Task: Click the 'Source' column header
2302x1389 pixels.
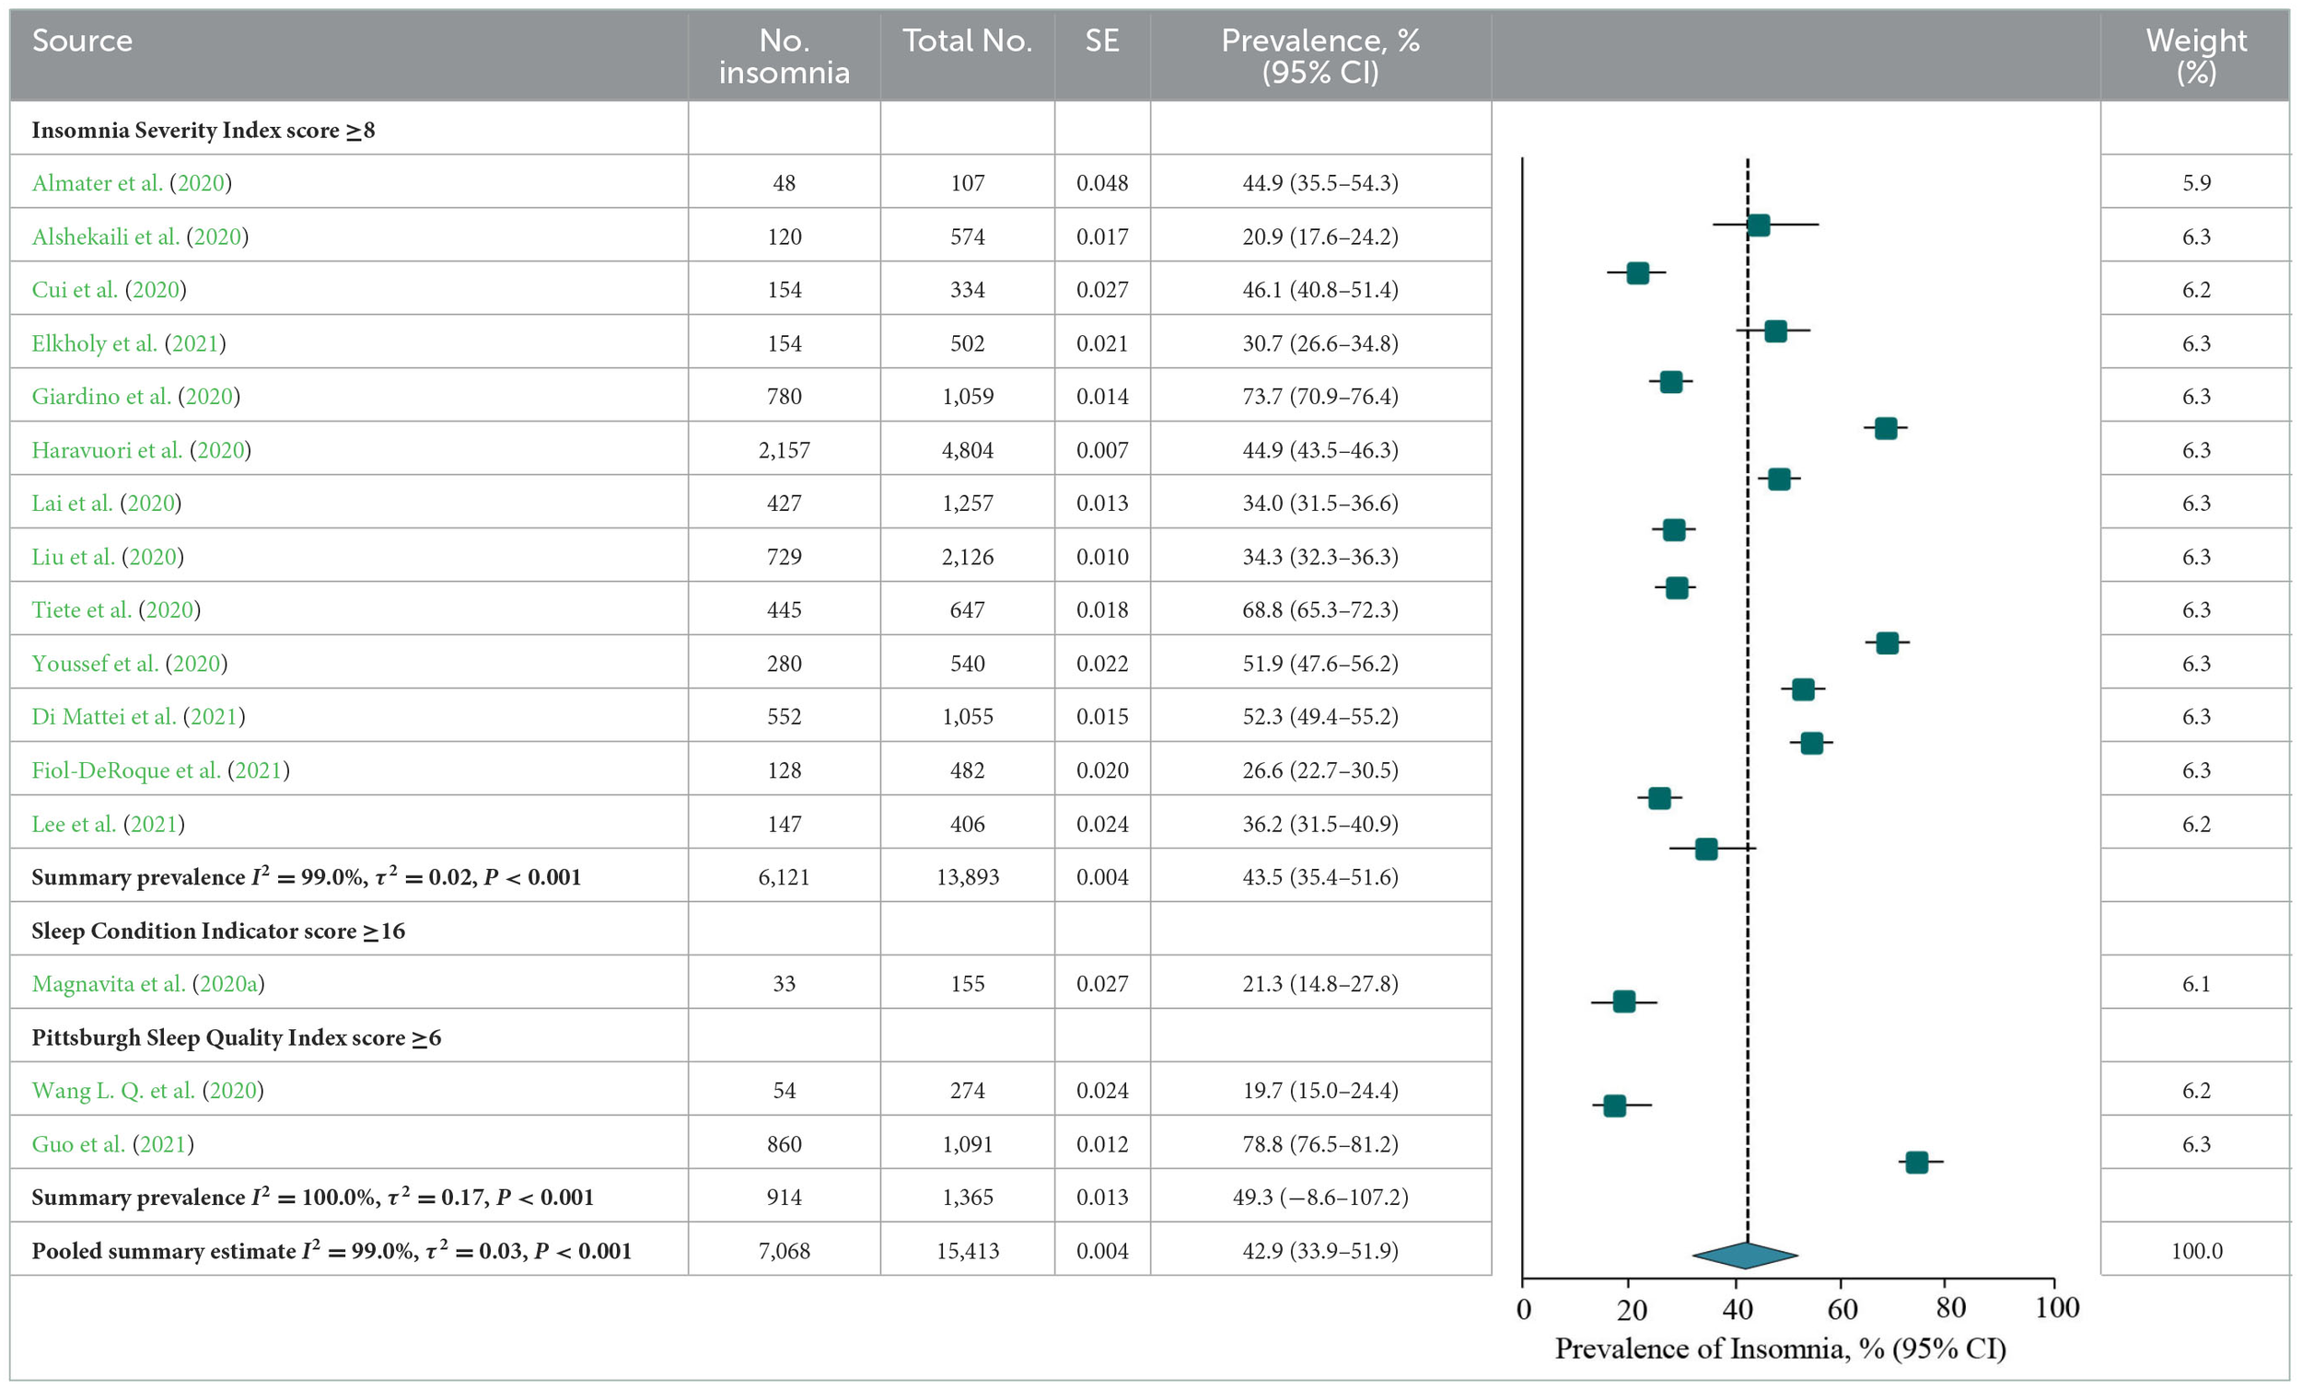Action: point(82,41)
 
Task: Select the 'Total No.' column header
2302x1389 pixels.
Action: point(967,41)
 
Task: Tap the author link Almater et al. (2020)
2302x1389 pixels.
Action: point(131,183)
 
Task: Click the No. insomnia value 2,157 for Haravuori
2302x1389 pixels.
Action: point(783,450)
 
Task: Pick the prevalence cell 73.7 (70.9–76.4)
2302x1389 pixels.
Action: point(1320,397)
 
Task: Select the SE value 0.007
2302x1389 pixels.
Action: point(1101,450)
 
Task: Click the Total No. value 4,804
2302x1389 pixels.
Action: point(967,450)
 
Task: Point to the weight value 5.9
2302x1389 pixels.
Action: point(2195,183)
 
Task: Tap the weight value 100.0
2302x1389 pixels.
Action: point(2195,1251)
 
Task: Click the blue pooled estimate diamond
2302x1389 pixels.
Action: point(1744,1256)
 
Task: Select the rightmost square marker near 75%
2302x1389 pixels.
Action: point(1916,1162)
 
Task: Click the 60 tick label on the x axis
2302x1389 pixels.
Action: point(1842,1310)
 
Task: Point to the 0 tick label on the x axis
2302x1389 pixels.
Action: point(1524,1310)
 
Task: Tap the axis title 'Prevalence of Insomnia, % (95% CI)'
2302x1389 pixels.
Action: point(1780,1348)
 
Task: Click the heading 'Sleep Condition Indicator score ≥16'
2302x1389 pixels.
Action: point(217,932)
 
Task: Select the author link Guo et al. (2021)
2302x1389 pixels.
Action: point(112,1144)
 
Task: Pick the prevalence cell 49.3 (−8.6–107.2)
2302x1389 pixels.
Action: point(1320,1198)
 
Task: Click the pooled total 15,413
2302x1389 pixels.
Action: point(967,1251)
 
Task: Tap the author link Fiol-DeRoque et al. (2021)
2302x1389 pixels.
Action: point(159,770)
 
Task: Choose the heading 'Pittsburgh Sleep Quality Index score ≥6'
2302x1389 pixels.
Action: point(236,1037)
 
